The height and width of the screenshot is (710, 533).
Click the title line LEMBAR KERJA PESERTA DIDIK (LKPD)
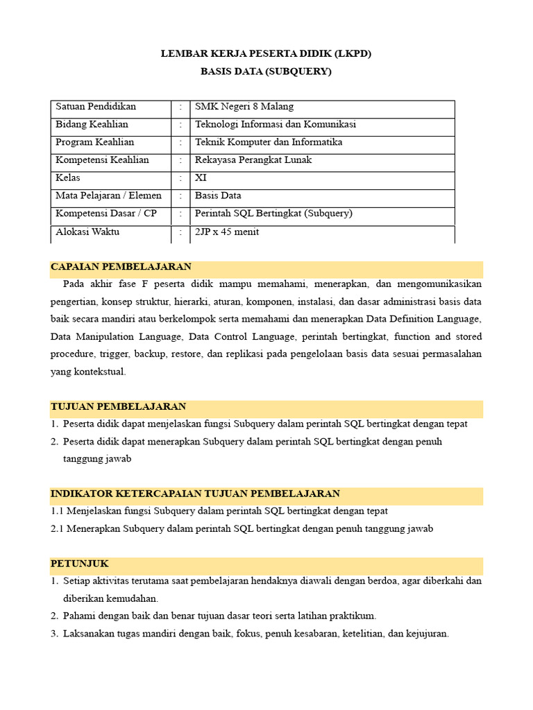coord(266,53)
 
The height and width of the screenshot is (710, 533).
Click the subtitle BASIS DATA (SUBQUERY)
coord(266,71)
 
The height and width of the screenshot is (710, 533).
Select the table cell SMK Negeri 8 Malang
coord(244,107)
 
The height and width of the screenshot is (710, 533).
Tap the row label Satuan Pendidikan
coord(96,107)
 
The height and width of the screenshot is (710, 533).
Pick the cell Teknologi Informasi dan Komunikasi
coord(275,125)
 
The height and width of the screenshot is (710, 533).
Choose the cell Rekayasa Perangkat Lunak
coord(253,160)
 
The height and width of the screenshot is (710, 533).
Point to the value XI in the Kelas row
coord(201,178)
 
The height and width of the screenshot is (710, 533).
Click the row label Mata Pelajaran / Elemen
coord(108,196)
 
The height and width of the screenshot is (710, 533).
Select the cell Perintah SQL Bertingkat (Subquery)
coord(273,214)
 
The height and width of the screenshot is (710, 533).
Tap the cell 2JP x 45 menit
coord(227,232)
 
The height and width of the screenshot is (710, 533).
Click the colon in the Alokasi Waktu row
coord(180,232)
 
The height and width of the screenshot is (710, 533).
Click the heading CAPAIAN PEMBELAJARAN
coord(121,267)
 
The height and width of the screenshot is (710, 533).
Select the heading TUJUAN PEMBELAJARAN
coord(118,406)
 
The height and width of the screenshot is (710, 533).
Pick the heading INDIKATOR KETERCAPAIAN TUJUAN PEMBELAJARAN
coord(195,494)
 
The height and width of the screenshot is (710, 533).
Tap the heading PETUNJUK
coord(80,564)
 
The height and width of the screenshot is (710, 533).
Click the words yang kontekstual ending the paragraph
coord(88,372)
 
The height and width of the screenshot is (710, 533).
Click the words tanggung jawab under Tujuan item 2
coord(97,459)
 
